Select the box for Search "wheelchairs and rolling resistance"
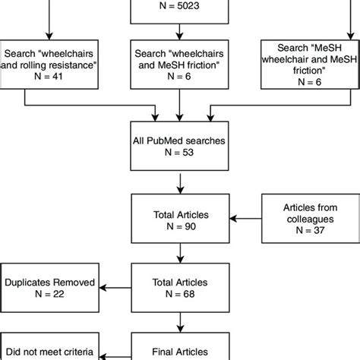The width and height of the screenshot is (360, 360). pos(50,62)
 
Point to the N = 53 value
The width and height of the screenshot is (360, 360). pos(179,152)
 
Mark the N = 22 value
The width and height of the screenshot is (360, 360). pos(50,295)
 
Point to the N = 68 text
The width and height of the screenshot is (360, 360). pos(179,295)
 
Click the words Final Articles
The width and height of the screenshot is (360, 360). pos(179,352)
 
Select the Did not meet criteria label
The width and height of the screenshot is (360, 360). pos(47,352)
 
